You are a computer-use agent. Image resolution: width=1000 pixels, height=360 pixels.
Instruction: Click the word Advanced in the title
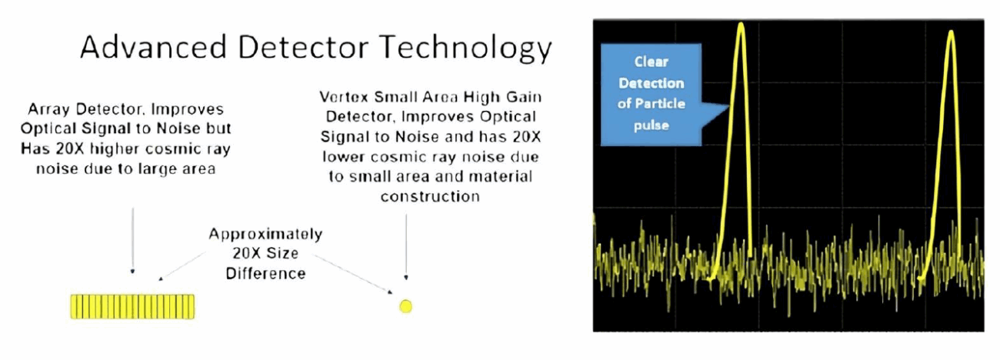154,47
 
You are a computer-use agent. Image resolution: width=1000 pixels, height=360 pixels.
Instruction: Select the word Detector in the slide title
303,47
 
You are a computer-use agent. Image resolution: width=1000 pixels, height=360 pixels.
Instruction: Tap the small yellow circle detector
405,306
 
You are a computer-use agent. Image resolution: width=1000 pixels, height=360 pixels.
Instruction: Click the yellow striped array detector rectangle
132,306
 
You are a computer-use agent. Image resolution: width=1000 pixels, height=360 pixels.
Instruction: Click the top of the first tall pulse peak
741,24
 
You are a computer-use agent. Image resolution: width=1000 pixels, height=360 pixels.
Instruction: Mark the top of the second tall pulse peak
952,32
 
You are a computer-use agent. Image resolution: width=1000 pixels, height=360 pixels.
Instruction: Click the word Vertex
344,97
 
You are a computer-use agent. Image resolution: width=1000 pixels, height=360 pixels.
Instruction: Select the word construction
430,196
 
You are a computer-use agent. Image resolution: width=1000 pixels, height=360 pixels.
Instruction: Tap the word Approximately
265,234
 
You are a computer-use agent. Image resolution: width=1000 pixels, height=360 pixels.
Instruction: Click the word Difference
265,273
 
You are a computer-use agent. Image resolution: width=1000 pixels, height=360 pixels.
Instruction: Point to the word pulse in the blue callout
652,125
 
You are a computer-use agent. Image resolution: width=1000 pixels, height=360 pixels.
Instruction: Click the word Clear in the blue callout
652,62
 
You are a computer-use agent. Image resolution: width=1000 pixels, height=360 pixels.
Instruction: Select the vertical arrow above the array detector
132,241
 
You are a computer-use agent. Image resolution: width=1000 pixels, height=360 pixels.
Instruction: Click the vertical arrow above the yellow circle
406,247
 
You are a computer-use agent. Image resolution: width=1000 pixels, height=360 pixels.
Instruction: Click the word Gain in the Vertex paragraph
524,97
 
